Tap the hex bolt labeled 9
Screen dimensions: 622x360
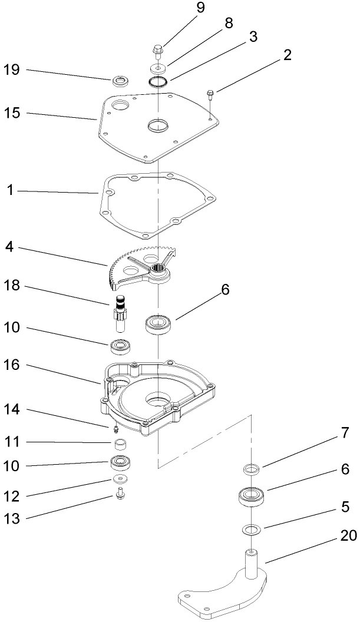pyautogui.click(x=158, y=51)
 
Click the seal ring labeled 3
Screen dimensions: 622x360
pyautogui.click(x=158, y=82)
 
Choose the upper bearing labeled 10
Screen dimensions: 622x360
pyautogui.click(x=120, y=346)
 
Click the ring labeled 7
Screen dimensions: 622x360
pyautogui.click(x=252, y=469)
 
